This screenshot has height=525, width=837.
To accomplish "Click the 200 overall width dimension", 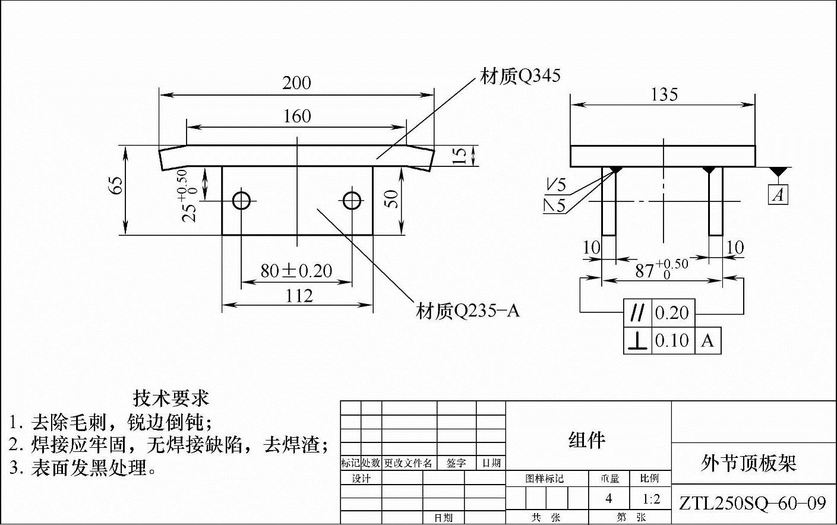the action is pyautogui.click(x=296, y=83).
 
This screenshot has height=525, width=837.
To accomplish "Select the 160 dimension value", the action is pyautogui.click(x=296, y=116).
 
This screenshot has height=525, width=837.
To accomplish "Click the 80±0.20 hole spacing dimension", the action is pyautogui.click(x=296, y=271).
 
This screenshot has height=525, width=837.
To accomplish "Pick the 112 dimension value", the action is pyautogui.click(x=299, y=296).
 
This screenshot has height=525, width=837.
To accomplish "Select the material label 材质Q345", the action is pyautogui.click(x=520, y=77).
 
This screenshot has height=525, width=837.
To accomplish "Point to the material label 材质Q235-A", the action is pyautogui.click(x=468, y=311).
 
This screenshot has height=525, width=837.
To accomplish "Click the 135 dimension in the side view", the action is pyautogui.click(x=664, y=94).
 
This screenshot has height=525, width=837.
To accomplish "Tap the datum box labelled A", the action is pyautogui.click(x=778, y=195).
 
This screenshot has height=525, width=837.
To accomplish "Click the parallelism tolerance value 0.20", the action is pyautogui.click(x=672, y=313).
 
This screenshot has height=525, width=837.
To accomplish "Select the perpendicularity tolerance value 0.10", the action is pyautogui.click(x=672, y=341).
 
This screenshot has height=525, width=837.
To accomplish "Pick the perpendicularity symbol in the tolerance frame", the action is pyautogui.click(x=637, y=341).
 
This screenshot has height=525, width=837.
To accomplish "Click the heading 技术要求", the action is pyautogui.click(x=170, y=397).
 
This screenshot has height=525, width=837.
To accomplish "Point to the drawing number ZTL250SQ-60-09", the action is pyautogui.click(x=752, y=504).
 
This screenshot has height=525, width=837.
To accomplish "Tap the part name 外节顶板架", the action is pyautogui.click(x=748, y=463).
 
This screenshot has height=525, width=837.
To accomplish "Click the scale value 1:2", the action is pyautogui.click(x=651, y=499).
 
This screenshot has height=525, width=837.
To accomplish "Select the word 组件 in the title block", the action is pyautogui.click(x=587, y=440).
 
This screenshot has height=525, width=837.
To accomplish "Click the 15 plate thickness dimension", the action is pyautogui.click(x=459, y=156).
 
